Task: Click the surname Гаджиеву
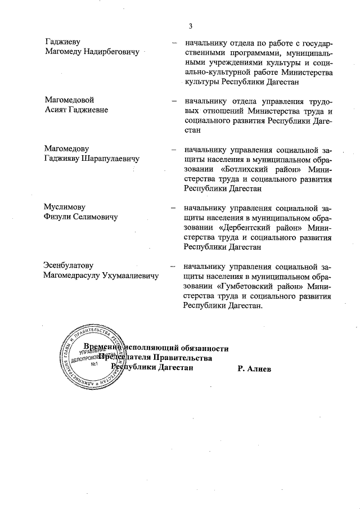point(63,42)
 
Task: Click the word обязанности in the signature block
point(204,348)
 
